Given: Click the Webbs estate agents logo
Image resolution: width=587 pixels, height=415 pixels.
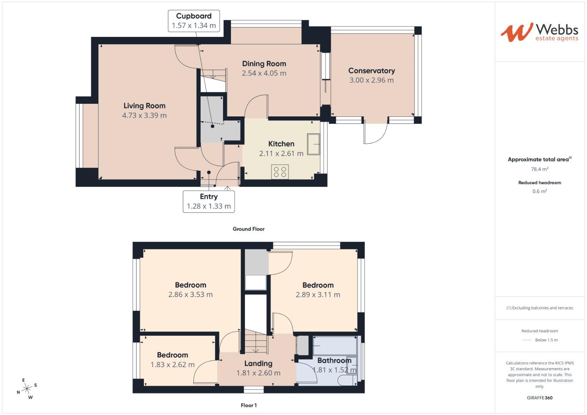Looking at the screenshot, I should tap(539, 32).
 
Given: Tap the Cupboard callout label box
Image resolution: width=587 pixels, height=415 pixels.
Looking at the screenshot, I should tap(194, 21).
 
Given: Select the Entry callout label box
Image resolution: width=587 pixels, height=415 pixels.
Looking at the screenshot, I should tap(209, 201).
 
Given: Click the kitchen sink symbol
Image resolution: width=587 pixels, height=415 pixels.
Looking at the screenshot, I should tap(313, 144).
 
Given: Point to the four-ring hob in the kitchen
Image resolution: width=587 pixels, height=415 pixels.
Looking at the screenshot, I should tap(280, 172).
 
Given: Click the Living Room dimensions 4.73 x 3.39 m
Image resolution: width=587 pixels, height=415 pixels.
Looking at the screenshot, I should tap(144, 115).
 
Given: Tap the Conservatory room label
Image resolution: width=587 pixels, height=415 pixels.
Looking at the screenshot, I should tap(371, 71).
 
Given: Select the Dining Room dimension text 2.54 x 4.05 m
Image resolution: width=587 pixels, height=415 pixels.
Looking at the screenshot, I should tap(264, 73).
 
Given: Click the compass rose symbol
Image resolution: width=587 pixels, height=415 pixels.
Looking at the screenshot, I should tap(27, 389).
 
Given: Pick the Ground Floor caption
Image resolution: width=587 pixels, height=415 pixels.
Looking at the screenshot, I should tap(248, 229).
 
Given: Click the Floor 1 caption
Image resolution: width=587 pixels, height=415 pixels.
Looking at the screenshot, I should tap(248, 405).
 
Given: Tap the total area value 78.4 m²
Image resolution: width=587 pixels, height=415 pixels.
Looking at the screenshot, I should tap(539, 169).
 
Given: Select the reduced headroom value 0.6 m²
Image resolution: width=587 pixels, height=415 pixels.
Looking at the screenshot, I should tap(539, 191).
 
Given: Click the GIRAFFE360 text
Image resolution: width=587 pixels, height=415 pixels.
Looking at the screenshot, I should tap(539, 398).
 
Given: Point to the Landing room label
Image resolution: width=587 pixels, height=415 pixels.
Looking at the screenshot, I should tap(258, 364).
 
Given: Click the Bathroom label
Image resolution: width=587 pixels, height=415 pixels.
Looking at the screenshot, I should tap(334, 360).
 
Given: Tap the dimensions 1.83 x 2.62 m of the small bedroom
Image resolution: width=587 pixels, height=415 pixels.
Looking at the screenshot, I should tap(172, 365).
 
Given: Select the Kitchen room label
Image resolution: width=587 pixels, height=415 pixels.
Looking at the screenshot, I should tap(281, 144).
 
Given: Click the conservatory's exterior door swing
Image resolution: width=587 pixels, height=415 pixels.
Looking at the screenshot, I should tap(375, 133).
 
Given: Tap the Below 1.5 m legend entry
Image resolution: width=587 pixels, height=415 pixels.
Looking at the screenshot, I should tap(546, 340).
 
